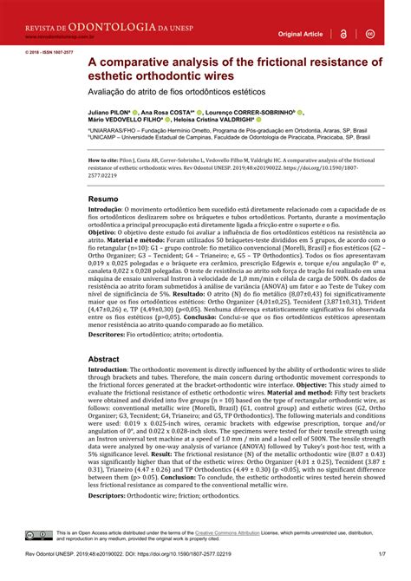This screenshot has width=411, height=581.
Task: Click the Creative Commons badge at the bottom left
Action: coord(39,537)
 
